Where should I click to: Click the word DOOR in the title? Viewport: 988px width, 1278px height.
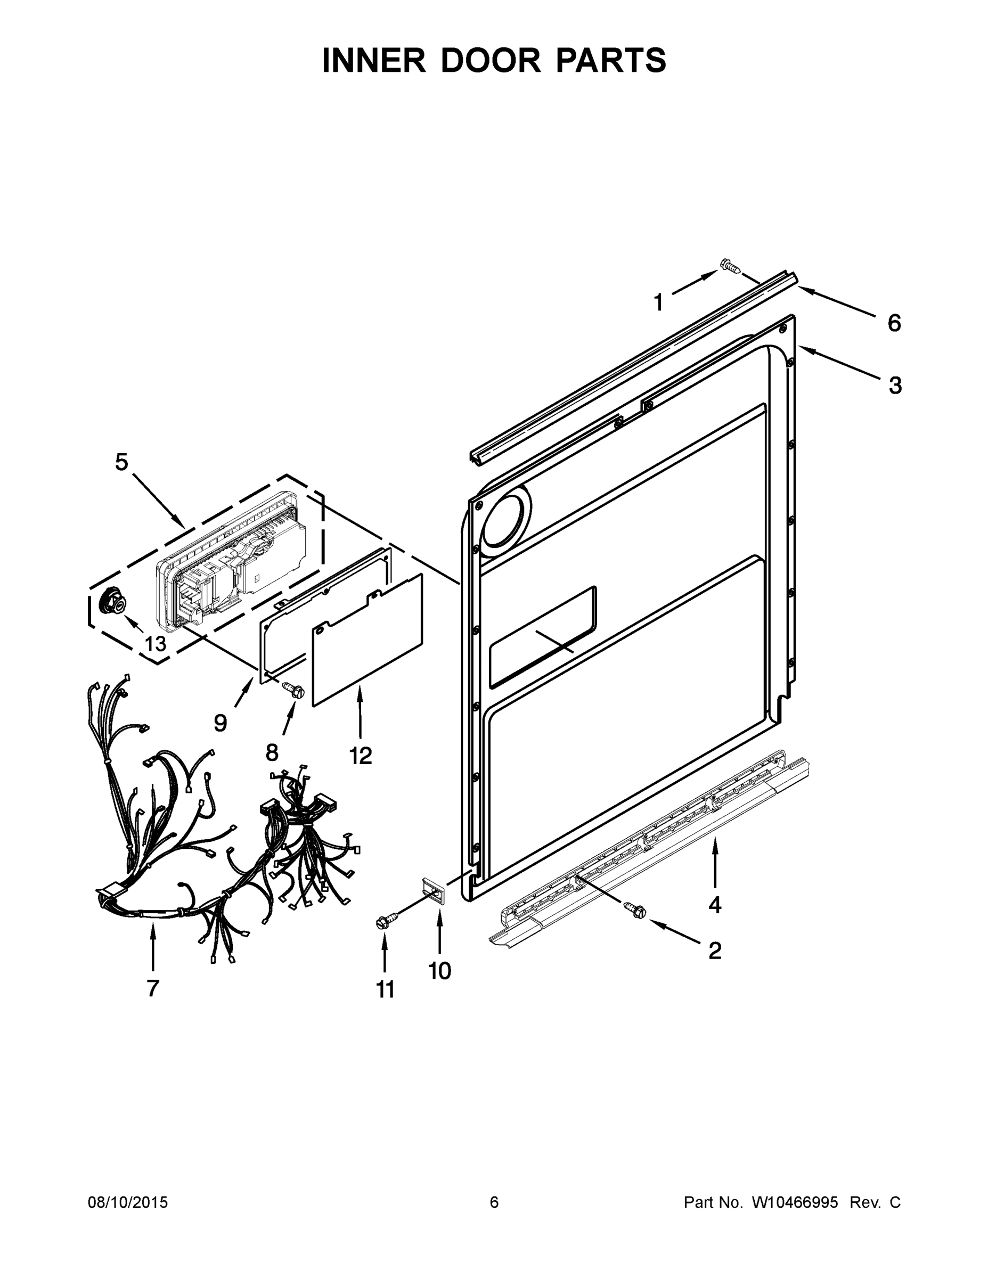coord(491,61)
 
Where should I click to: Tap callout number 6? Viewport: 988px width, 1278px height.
coord(894,323)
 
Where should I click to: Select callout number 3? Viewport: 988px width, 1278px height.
coord(895,386)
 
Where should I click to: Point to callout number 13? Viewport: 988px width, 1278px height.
coord(155,644)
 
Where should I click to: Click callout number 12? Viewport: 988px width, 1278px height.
coord(361,756)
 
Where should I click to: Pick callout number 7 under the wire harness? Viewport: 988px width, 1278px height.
coord(153,988)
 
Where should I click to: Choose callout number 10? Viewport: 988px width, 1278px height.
coord(439,971)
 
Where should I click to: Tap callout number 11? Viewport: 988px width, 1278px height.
coord(385,989)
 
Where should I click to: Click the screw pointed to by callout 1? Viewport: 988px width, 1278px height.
coord(730,267)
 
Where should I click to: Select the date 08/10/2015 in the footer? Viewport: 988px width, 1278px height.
coord(128,1202)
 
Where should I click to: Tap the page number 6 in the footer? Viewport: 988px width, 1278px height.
coord(494,1202)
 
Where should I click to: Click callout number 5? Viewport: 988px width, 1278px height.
coord(120,462)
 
